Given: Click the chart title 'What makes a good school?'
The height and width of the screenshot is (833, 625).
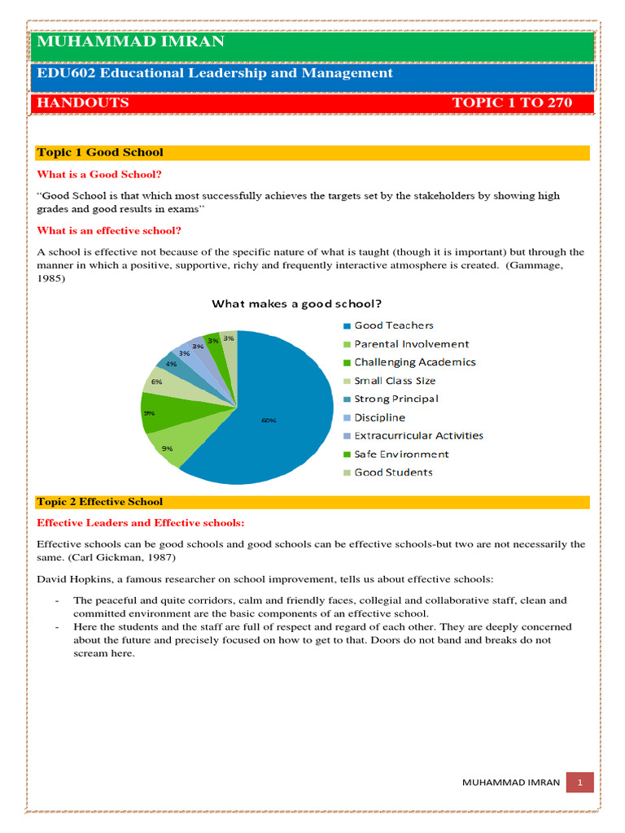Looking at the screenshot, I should pos(297,304).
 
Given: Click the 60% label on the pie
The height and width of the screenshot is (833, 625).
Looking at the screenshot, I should pos(269,421).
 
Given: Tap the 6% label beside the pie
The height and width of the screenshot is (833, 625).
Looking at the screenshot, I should pos(155,381).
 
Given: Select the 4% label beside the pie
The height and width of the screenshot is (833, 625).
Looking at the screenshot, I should pos(171,364).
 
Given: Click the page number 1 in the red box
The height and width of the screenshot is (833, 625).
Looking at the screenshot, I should pos(581,782).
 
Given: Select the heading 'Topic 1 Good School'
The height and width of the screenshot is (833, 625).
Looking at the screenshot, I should pos(100,152).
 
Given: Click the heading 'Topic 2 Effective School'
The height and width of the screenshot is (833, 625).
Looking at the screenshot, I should pos(100,502).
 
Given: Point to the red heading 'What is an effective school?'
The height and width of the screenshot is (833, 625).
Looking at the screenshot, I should pos(109,230).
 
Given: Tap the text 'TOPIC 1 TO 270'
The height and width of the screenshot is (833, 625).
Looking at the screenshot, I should pos(512,102).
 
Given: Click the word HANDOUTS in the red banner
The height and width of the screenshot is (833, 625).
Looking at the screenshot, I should pos(82,102).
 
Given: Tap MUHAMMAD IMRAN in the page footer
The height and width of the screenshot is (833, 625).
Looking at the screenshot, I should pos(510,783).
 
